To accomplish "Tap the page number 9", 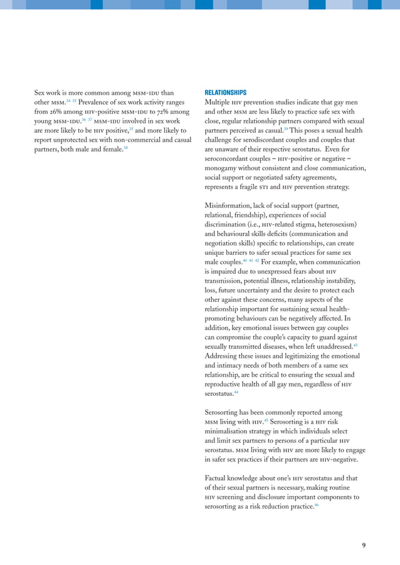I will click(x=364, y=545).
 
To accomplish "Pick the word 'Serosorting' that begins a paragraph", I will click(x=224, y=413).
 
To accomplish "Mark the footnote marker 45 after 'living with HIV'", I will click(x=265, y=420).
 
